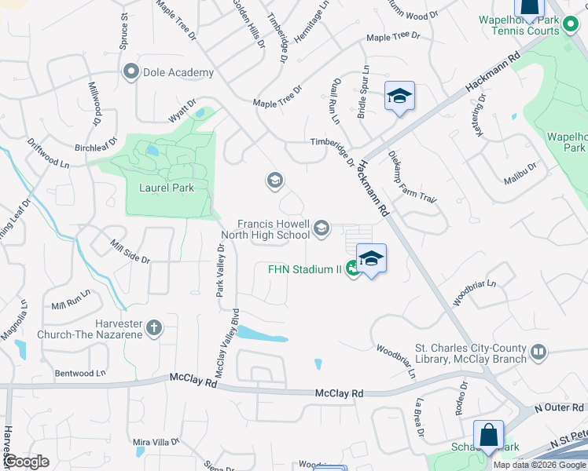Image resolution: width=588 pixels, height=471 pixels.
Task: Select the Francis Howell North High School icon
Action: (321, 228)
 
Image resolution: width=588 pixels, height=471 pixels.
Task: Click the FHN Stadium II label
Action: (303, 269)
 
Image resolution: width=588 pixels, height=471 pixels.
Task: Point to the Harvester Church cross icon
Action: (154, 327)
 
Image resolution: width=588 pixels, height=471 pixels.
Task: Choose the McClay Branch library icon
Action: (538, 352)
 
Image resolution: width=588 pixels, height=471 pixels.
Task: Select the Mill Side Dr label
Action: (130, 251)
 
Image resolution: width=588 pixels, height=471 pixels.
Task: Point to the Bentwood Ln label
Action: (80, 373)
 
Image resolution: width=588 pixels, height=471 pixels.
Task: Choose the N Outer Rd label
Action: (560, 408)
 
